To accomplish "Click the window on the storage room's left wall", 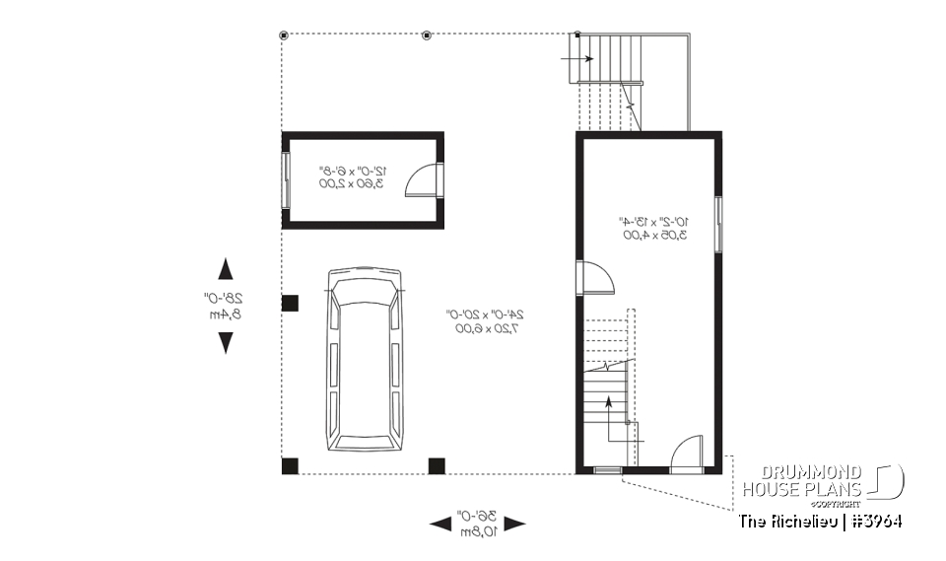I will tap(286, 179).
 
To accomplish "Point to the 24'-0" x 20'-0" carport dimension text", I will tap(485, 321).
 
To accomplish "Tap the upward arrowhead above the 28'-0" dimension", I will tap(226, 270).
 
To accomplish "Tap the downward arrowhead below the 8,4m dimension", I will tap(226, 342).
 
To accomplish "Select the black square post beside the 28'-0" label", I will tap(290, 304).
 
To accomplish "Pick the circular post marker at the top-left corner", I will tap(284, 35).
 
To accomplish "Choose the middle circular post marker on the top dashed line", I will tap(427, 35).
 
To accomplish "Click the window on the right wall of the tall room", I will tap(719, 224).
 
